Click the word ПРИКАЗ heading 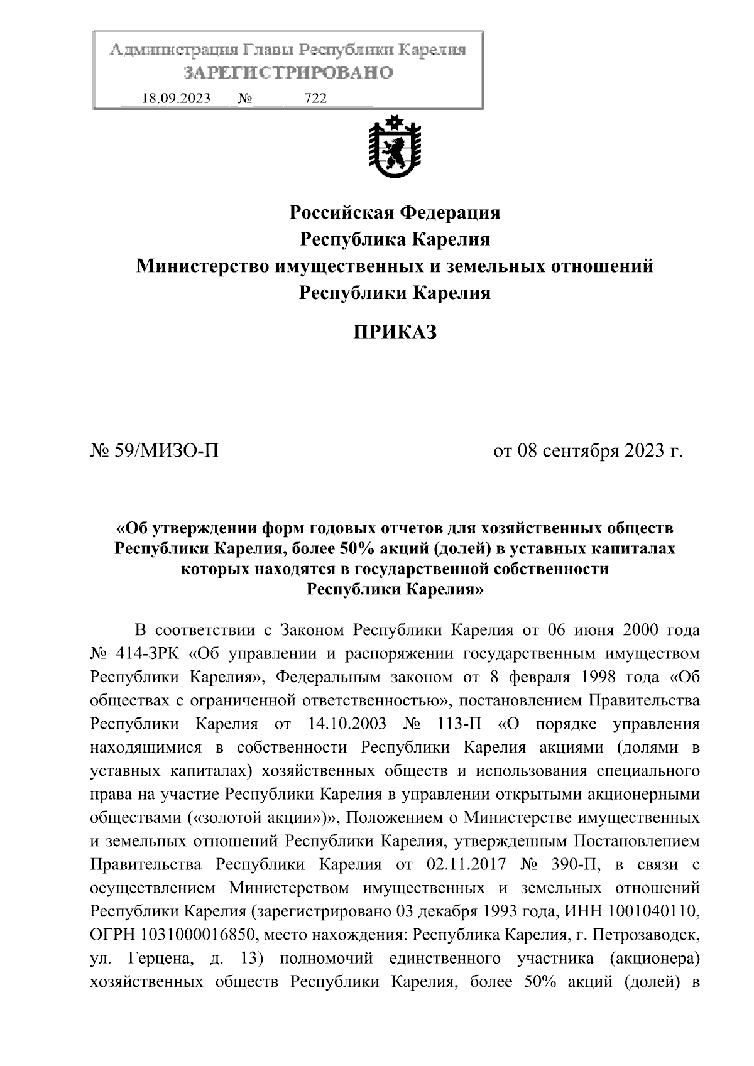point(395,332)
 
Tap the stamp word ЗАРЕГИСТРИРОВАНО point(288,73)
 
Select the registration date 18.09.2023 point(177,98)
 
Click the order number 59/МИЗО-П point(167,450)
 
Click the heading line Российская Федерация point(395,213)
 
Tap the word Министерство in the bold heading point(203,266)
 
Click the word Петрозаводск point(647,935)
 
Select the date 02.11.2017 point(466,864)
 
